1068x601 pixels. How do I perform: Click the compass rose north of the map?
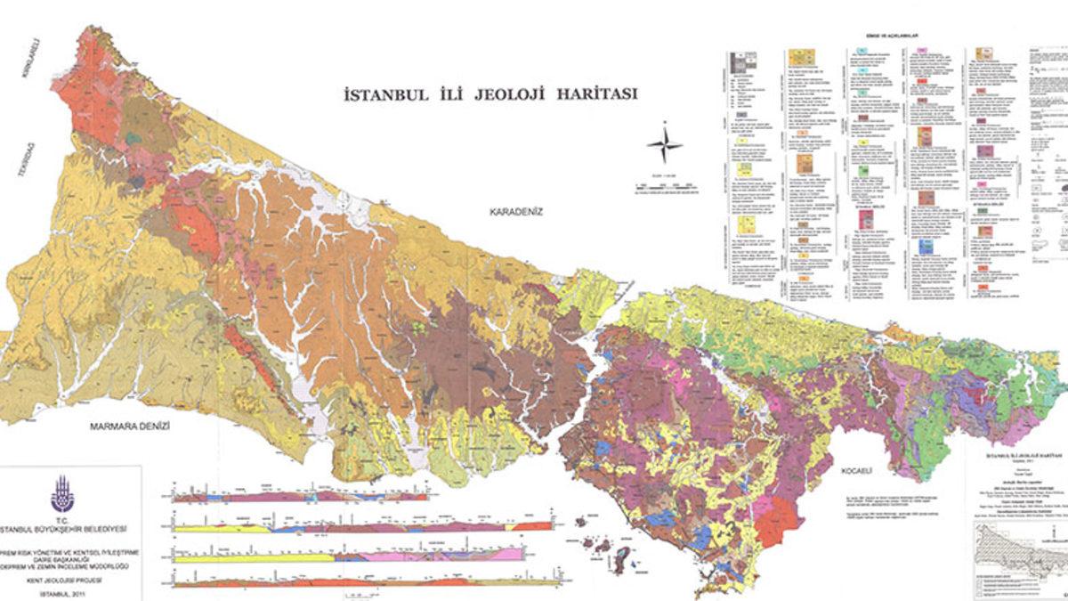(x=665, y=145)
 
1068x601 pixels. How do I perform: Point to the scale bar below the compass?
(x=665, y=188)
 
